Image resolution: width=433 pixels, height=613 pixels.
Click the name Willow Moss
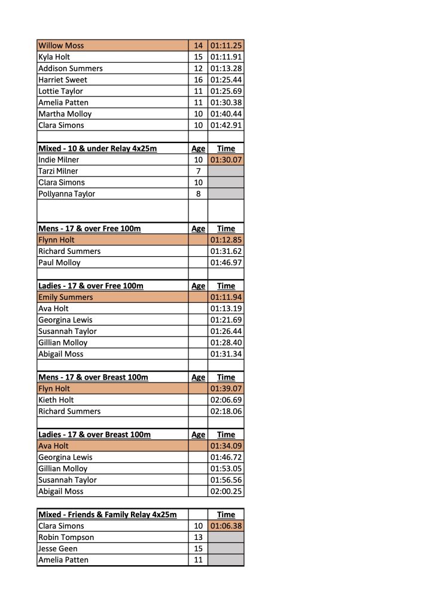(x=61, y=45)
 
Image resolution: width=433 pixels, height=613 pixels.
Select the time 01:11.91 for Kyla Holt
(x=226, y=57)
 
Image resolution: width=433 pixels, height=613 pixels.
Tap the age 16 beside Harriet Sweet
(x=199, y=80)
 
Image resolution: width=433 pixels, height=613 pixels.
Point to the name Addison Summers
(x=71, y=68)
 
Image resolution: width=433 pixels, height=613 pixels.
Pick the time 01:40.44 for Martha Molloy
(x=226, y=114)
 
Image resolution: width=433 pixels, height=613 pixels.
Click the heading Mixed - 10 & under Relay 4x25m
(x=97, y=148)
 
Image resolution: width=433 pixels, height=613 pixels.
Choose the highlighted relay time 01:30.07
(x=226, y=160)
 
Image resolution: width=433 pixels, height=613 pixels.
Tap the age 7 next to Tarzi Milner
(x=199, y=171)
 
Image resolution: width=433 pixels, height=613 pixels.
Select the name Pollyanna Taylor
(x=66, y=194)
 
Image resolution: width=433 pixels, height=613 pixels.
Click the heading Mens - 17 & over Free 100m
(x=90, y=229)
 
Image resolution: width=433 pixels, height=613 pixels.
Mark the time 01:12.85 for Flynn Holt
(x=226, y=240)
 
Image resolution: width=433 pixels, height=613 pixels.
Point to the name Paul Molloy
(x=59, y=263)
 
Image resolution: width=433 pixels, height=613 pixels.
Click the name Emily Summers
(x=66, y=297)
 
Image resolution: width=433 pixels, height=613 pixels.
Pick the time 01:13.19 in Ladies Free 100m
(x=226, y=308)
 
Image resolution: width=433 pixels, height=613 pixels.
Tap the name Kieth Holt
(x=56, y=400)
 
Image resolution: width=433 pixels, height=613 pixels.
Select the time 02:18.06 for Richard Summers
(x=226, y=411)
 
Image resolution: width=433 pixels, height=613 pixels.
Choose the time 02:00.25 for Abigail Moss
(x=226, y=491)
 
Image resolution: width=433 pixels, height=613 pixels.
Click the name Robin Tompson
(x=66, y=538)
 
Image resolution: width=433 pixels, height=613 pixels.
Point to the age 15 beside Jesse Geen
(x=199, y=549)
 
